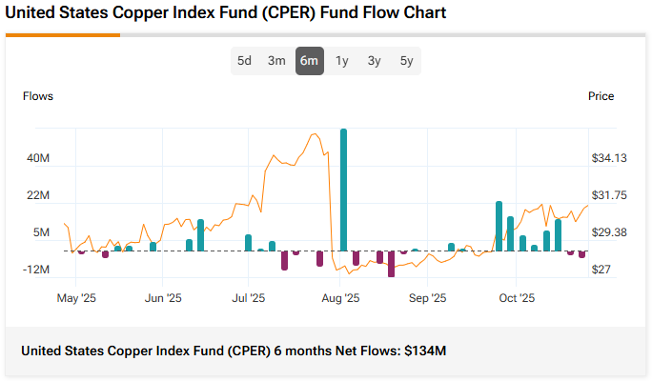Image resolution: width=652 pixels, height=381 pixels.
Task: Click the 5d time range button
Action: click(x=245, y=61)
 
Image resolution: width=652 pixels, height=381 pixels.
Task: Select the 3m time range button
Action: click(x=276, y=61)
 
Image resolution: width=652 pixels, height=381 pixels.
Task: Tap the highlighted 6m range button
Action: click(x=309, y=61)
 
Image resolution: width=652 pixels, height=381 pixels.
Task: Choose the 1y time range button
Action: click(x=342, y=61)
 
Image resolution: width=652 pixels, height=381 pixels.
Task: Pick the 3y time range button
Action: click(x=375, y=61)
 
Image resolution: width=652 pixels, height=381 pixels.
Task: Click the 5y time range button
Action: click(x=407, y=61)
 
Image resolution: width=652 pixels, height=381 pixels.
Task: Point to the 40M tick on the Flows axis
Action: click(x=38, y=158)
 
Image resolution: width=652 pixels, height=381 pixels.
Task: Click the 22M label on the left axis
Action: click(x=38, y=195)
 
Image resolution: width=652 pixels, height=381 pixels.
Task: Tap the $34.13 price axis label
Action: click(x=607, y=158)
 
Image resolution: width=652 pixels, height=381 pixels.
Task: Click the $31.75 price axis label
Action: click(x=607, y=195)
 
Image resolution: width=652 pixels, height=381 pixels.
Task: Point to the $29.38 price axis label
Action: click(x=607, y=232)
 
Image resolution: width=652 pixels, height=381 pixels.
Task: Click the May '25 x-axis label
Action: click(x=76, y=298)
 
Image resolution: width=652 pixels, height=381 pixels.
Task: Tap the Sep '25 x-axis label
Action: click(x=427, y=298)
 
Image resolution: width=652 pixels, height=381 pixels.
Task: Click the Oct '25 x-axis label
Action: click(x=517, y=298)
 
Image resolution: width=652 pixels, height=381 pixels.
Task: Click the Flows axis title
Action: click(x=38, y=96)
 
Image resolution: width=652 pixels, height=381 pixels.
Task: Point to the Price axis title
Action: click(x=601, y=96)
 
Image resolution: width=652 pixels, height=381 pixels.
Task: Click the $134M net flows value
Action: click(x=424, y=351)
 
